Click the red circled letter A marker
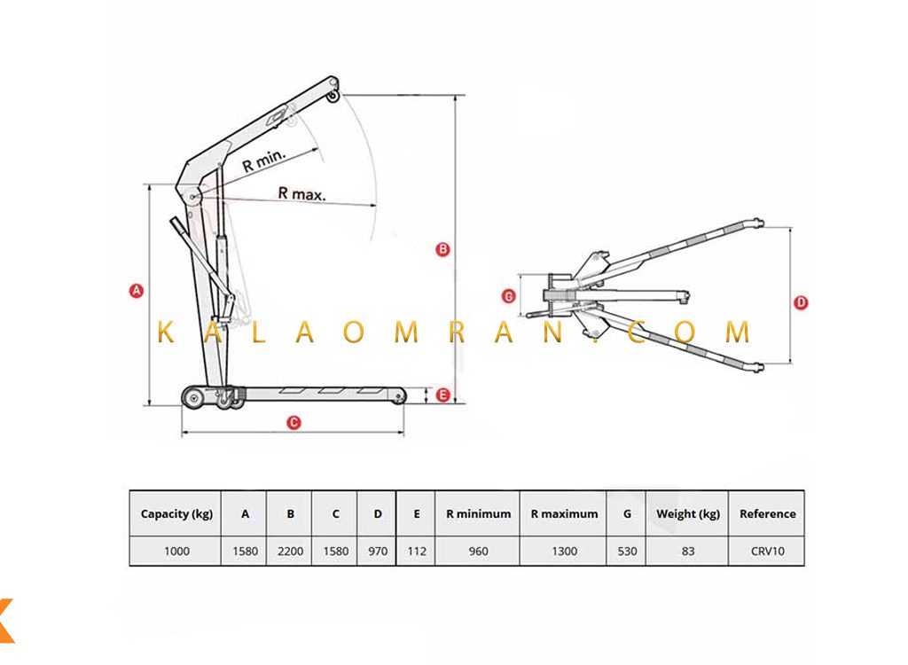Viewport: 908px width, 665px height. point(136,290)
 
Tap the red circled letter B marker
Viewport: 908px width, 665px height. point(442,249)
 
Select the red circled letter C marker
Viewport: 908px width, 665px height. point(294,423)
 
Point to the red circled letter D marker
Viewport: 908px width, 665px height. point(801,302)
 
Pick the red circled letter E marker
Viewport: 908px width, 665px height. point(443,395)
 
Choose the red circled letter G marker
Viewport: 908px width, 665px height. point(508,296)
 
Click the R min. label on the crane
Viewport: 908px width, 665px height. point(264,160)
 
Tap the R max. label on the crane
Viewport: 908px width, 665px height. point(301,193)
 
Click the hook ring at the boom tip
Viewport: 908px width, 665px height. point(333,97)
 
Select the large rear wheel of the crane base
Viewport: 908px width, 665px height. point(194,398)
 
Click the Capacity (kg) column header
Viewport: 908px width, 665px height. point(176,513)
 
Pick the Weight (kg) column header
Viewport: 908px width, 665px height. point(688,513)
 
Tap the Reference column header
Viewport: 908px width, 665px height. point(767,513)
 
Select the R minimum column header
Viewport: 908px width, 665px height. point(478,513)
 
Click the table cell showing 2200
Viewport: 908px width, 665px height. point(290,551)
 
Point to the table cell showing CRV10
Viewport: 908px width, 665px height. point(767,551)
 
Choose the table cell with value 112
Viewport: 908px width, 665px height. point(417,551)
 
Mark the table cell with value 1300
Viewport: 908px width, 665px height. point(564,551)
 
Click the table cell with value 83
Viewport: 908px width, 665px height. point(688,551)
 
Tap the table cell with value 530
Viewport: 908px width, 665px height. point(627,551)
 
